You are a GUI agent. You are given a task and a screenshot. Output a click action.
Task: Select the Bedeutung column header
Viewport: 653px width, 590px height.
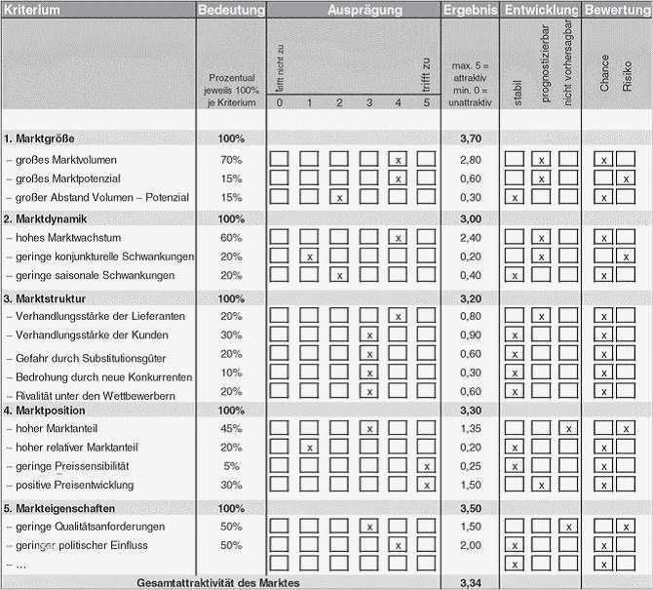point(231,10)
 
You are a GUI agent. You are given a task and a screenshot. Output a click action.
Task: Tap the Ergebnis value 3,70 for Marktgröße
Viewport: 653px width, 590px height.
point(470,138)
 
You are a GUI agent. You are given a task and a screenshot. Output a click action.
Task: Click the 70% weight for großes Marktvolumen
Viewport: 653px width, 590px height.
point(231,159)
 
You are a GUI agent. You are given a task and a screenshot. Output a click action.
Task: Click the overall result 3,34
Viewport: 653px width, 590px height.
point(470,583)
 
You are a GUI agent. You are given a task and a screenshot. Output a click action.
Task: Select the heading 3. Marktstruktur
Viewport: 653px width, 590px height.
point(45,297)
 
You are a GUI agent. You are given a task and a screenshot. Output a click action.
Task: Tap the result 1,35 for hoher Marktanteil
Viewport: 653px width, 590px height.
point(470,428)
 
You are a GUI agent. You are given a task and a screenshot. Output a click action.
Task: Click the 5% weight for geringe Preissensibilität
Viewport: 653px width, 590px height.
point(231,466)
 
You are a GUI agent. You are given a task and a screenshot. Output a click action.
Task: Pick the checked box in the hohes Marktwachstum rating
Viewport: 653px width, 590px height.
point(398,237)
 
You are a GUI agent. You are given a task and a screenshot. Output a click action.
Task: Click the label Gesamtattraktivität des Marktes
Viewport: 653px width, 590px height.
point(217,583)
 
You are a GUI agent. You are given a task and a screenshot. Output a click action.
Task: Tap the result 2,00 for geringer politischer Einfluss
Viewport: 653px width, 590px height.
point(470,545)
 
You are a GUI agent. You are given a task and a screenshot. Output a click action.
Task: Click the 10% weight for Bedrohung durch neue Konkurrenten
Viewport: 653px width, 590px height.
point(231,373)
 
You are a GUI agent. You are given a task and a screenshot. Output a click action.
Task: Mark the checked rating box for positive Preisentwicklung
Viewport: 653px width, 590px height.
point(427,485)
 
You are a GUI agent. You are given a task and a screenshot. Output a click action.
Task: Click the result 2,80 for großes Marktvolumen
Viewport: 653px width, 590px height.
point(470,159)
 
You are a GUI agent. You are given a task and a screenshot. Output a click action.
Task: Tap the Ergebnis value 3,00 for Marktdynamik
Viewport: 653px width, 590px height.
point(470,217)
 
